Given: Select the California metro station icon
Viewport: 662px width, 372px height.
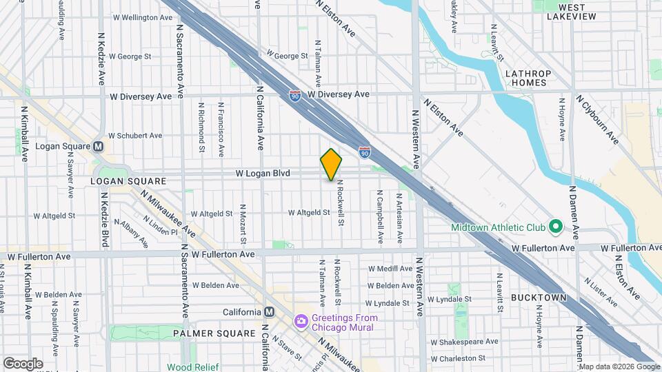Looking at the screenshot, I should (269, 312).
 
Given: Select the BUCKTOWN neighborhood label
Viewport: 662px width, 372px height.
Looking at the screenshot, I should (539, 298).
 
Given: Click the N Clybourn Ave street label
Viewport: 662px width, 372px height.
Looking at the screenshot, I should (598, 119).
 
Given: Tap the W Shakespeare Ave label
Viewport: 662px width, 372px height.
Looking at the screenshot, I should (463, 342).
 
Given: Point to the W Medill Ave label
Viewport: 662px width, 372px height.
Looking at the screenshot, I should (390, 269).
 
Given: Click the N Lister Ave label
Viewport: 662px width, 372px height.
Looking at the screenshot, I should (601, 291).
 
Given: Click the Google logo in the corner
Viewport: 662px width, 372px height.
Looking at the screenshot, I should (23, 364).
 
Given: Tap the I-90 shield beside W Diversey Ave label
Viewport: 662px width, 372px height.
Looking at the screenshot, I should (295, 95).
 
